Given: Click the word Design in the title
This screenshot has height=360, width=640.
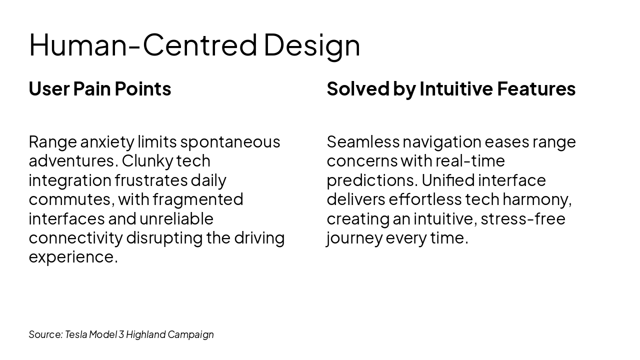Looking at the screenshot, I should tap(311, 45).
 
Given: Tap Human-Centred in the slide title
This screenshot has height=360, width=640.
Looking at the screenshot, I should tap(143, 45).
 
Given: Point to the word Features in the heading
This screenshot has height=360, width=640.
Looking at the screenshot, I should tap(536, 89).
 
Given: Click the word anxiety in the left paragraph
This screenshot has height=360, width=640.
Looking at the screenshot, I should tap(107, 142).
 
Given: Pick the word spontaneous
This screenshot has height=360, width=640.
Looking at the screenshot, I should tap(230, 142).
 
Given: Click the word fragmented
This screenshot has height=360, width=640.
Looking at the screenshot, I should tap(198, 199).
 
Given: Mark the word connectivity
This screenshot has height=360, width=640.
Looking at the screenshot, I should tap(75, 237).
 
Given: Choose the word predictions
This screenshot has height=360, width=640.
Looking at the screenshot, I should tap(370, 180).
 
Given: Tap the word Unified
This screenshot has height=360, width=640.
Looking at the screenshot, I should tap(448, 180).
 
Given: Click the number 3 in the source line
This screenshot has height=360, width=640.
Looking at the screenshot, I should tap(121, 334).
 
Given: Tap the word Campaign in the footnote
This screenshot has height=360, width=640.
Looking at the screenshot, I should tap(190, 334).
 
